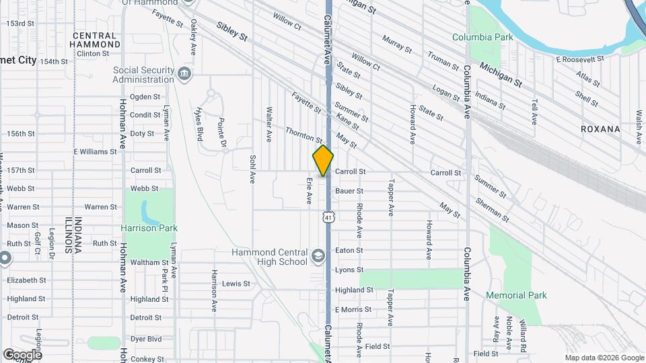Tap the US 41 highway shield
[x=327, y=217]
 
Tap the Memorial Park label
[x=516, y=295]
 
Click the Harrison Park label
[x=149, y=228]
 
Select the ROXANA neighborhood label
[x=600, y=128]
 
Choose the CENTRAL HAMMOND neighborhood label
[x=96, y=40]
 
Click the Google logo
[x=22, y=354]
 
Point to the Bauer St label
[x=349, y=191]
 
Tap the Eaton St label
[x=349, y=250]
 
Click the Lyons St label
[x=349, y=270]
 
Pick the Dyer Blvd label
[x=145, y=339]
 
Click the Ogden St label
[x=145, y=97]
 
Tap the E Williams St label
[x=95, y=152]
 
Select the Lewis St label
[x=236, y=284]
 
